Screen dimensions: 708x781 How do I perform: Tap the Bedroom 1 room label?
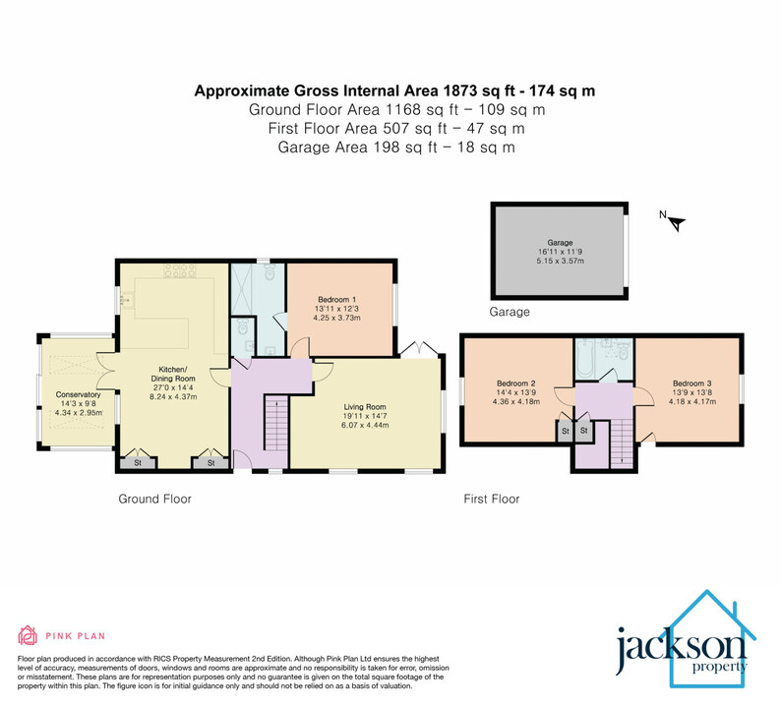pyautogui.click(x=336, y=299)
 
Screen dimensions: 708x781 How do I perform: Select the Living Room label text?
pyautogui.click(x=364, y=405)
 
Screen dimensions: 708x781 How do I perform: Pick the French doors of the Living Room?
pyautogui.click(x=414, y=348)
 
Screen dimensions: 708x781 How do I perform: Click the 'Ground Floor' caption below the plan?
pyautogui.click(x=154, y=500)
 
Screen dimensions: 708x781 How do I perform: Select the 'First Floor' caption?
pyautogui.click(x=491, y=500)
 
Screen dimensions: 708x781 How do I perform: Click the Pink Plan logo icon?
pyautogui.click(x=28, y=634)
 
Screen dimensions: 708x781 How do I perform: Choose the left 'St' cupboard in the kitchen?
pyautogui.click(x=138, y=461)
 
